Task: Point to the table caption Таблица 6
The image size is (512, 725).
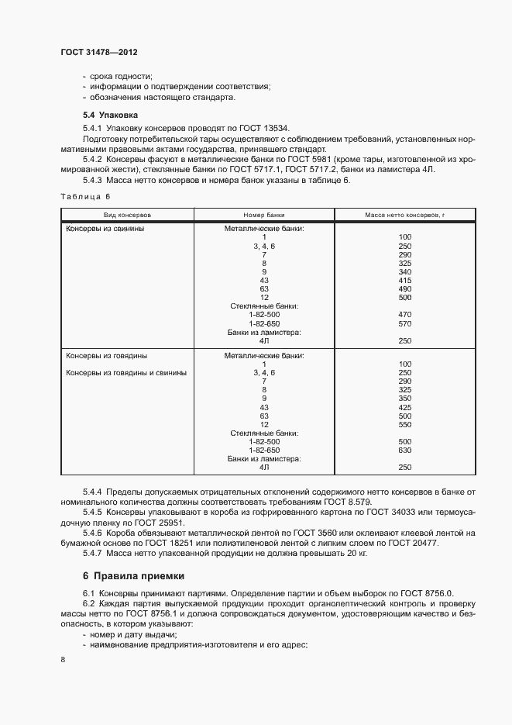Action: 86,197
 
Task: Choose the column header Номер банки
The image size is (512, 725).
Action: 264,213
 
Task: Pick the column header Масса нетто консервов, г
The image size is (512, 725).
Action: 404,213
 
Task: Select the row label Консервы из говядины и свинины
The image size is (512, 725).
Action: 126,372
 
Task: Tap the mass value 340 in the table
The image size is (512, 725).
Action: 404,272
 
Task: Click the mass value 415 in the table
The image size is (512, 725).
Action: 404,281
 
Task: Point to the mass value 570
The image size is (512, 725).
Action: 404,323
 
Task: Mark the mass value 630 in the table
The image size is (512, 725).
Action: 404,450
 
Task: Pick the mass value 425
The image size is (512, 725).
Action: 404,407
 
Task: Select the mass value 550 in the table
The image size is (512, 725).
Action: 404,424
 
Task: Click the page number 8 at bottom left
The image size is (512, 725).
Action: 62,659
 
